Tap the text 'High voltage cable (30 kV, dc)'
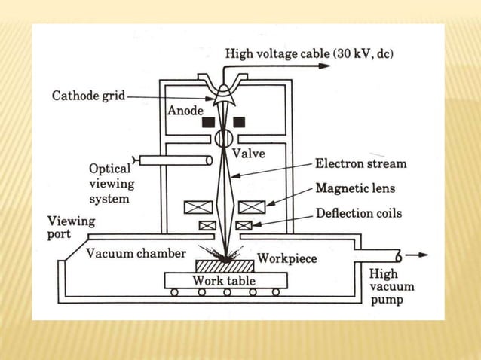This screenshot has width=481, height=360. pos(309,53)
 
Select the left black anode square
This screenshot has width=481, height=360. pos(207,121)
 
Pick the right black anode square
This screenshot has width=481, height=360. pos(240,121)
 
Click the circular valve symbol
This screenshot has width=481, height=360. pos(224,139)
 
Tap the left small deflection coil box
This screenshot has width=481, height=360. pos(205,225)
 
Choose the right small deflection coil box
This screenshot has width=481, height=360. pos(244,225)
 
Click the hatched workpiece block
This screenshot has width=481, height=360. pos(224,266)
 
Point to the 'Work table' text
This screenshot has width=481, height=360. pos(224,280)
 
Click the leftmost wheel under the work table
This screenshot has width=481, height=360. pos(174,292)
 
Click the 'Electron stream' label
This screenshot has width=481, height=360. pos(360,163)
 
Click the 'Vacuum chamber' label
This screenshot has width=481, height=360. pos(136,253)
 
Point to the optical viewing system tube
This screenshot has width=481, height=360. pos(173,160)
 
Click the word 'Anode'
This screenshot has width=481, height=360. pos(185,111)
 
